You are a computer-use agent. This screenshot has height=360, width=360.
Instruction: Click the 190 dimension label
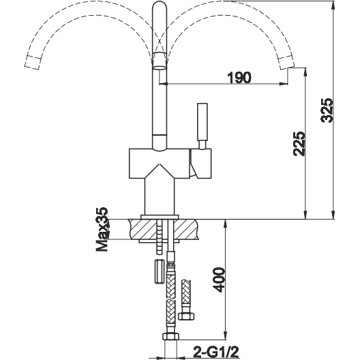pyautogui.click(x=239, y=78)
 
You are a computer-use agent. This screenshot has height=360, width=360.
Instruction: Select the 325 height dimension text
pyautogui.click(x=327, y=110)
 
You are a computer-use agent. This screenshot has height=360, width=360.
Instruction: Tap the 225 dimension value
pyautogui.click(x=299, y=144)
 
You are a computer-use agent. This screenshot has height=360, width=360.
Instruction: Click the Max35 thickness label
pyautogui.click(x=102, y=229)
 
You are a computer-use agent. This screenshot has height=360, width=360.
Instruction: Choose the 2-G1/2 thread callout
pyautogui.click(x=217, y=352)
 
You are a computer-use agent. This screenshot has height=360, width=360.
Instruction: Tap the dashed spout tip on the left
pyautogui.click(x=33, y=62)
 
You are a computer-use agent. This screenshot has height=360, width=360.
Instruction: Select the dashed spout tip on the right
pyautogui.click(x=286, y=62)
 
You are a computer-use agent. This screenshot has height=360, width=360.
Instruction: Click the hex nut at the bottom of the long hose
pyautogui.click(x=171, y=337)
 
